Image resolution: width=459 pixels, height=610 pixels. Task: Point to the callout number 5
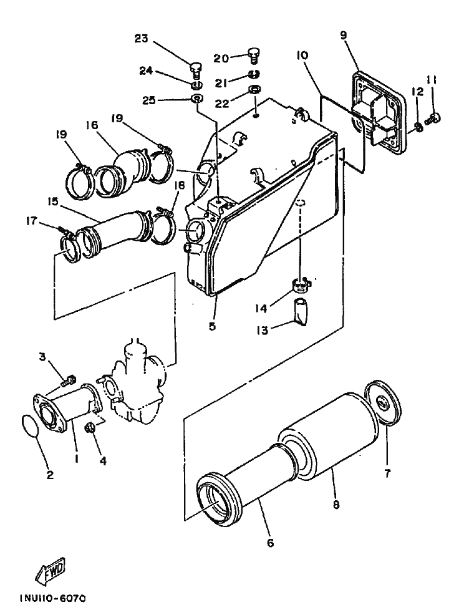click(213, 326)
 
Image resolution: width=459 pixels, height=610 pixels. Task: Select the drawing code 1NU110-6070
click(52, 598)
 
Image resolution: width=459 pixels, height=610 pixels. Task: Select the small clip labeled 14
click(302, 286)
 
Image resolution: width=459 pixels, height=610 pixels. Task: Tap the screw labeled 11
click(434, 117)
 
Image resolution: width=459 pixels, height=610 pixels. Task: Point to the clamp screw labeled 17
click(64, 232)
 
